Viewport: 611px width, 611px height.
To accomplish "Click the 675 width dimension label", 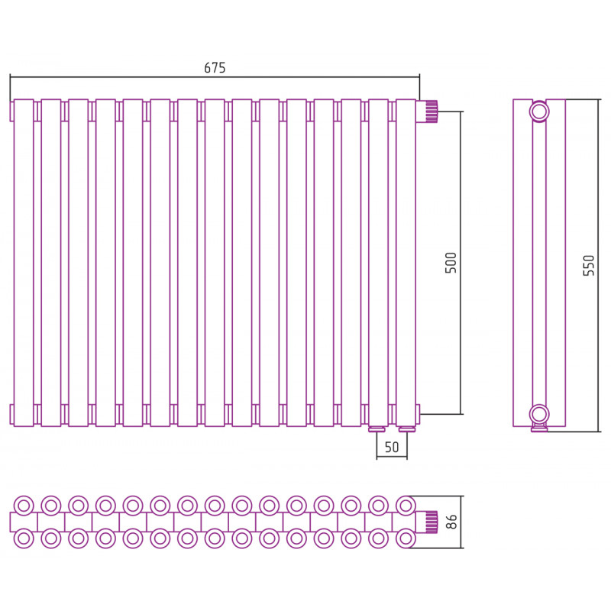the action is coord(215,68).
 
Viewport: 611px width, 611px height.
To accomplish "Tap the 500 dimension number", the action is coord(451,263).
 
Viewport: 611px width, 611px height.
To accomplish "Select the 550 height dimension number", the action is coord(588,265).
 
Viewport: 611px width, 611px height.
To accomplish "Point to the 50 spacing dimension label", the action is coord(392,447).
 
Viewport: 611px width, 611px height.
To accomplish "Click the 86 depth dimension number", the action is coord(451,522).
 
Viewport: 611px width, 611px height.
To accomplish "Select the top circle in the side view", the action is coord(539,112).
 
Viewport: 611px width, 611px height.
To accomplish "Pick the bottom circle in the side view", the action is coord(539,414).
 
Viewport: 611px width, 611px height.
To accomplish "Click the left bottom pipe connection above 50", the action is coord(377,429).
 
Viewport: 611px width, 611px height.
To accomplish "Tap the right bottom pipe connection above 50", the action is coord(407,429).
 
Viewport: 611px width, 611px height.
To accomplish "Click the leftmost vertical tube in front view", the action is coord(24,263).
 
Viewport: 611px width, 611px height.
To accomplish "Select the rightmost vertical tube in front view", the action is coord(406,263).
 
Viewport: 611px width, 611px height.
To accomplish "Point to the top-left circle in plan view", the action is coord(24,506).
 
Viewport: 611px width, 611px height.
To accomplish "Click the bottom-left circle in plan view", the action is coord(24,538).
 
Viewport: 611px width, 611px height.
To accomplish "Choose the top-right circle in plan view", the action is coord(406,506).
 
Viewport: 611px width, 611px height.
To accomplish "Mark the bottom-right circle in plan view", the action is coord(406,538).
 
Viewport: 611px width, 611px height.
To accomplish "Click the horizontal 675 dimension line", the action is coord(215,77).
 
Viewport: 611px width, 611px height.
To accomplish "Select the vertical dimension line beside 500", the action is coord(461,263).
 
